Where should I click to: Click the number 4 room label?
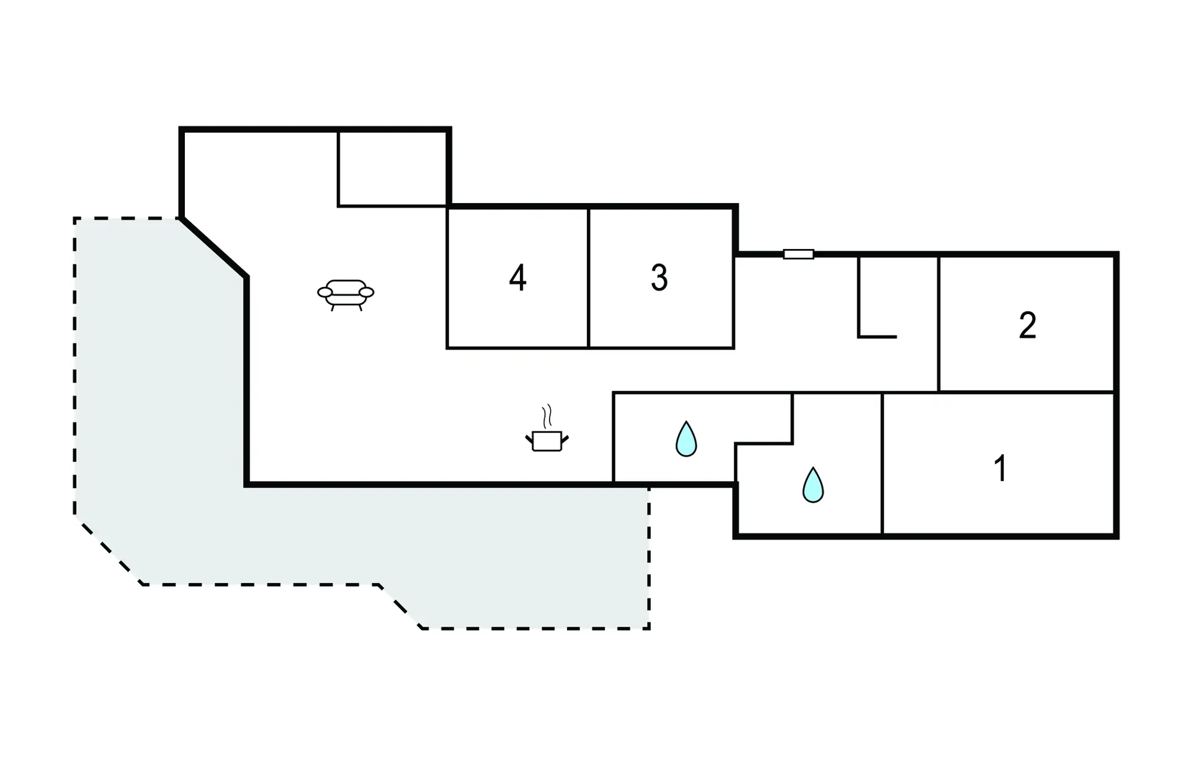(518, 278)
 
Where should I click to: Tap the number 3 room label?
(659, 278)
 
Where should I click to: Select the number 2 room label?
(1027, 326)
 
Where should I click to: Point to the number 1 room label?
(1000, 468)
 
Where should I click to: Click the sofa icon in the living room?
(346, 295)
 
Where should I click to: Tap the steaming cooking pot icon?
(546, 429)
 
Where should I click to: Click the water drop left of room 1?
(813, 485)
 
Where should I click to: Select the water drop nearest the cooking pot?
(686, 439)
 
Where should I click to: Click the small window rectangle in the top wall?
(798, 254)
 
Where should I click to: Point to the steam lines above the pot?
(546, 417)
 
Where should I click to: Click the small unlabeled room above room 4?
(392, 168)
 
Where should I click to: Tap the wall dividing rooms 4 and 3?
(588, 278)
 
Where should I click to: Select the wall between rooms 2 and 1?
(1027, 392)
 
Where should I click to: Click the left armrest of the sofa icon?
(325, 292)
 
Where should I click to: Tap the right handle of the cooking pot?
(565, 440)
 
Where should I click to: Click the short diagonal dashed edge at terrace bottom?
(400, 607)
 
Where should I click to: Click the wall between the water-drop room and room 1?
(882, 463)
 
